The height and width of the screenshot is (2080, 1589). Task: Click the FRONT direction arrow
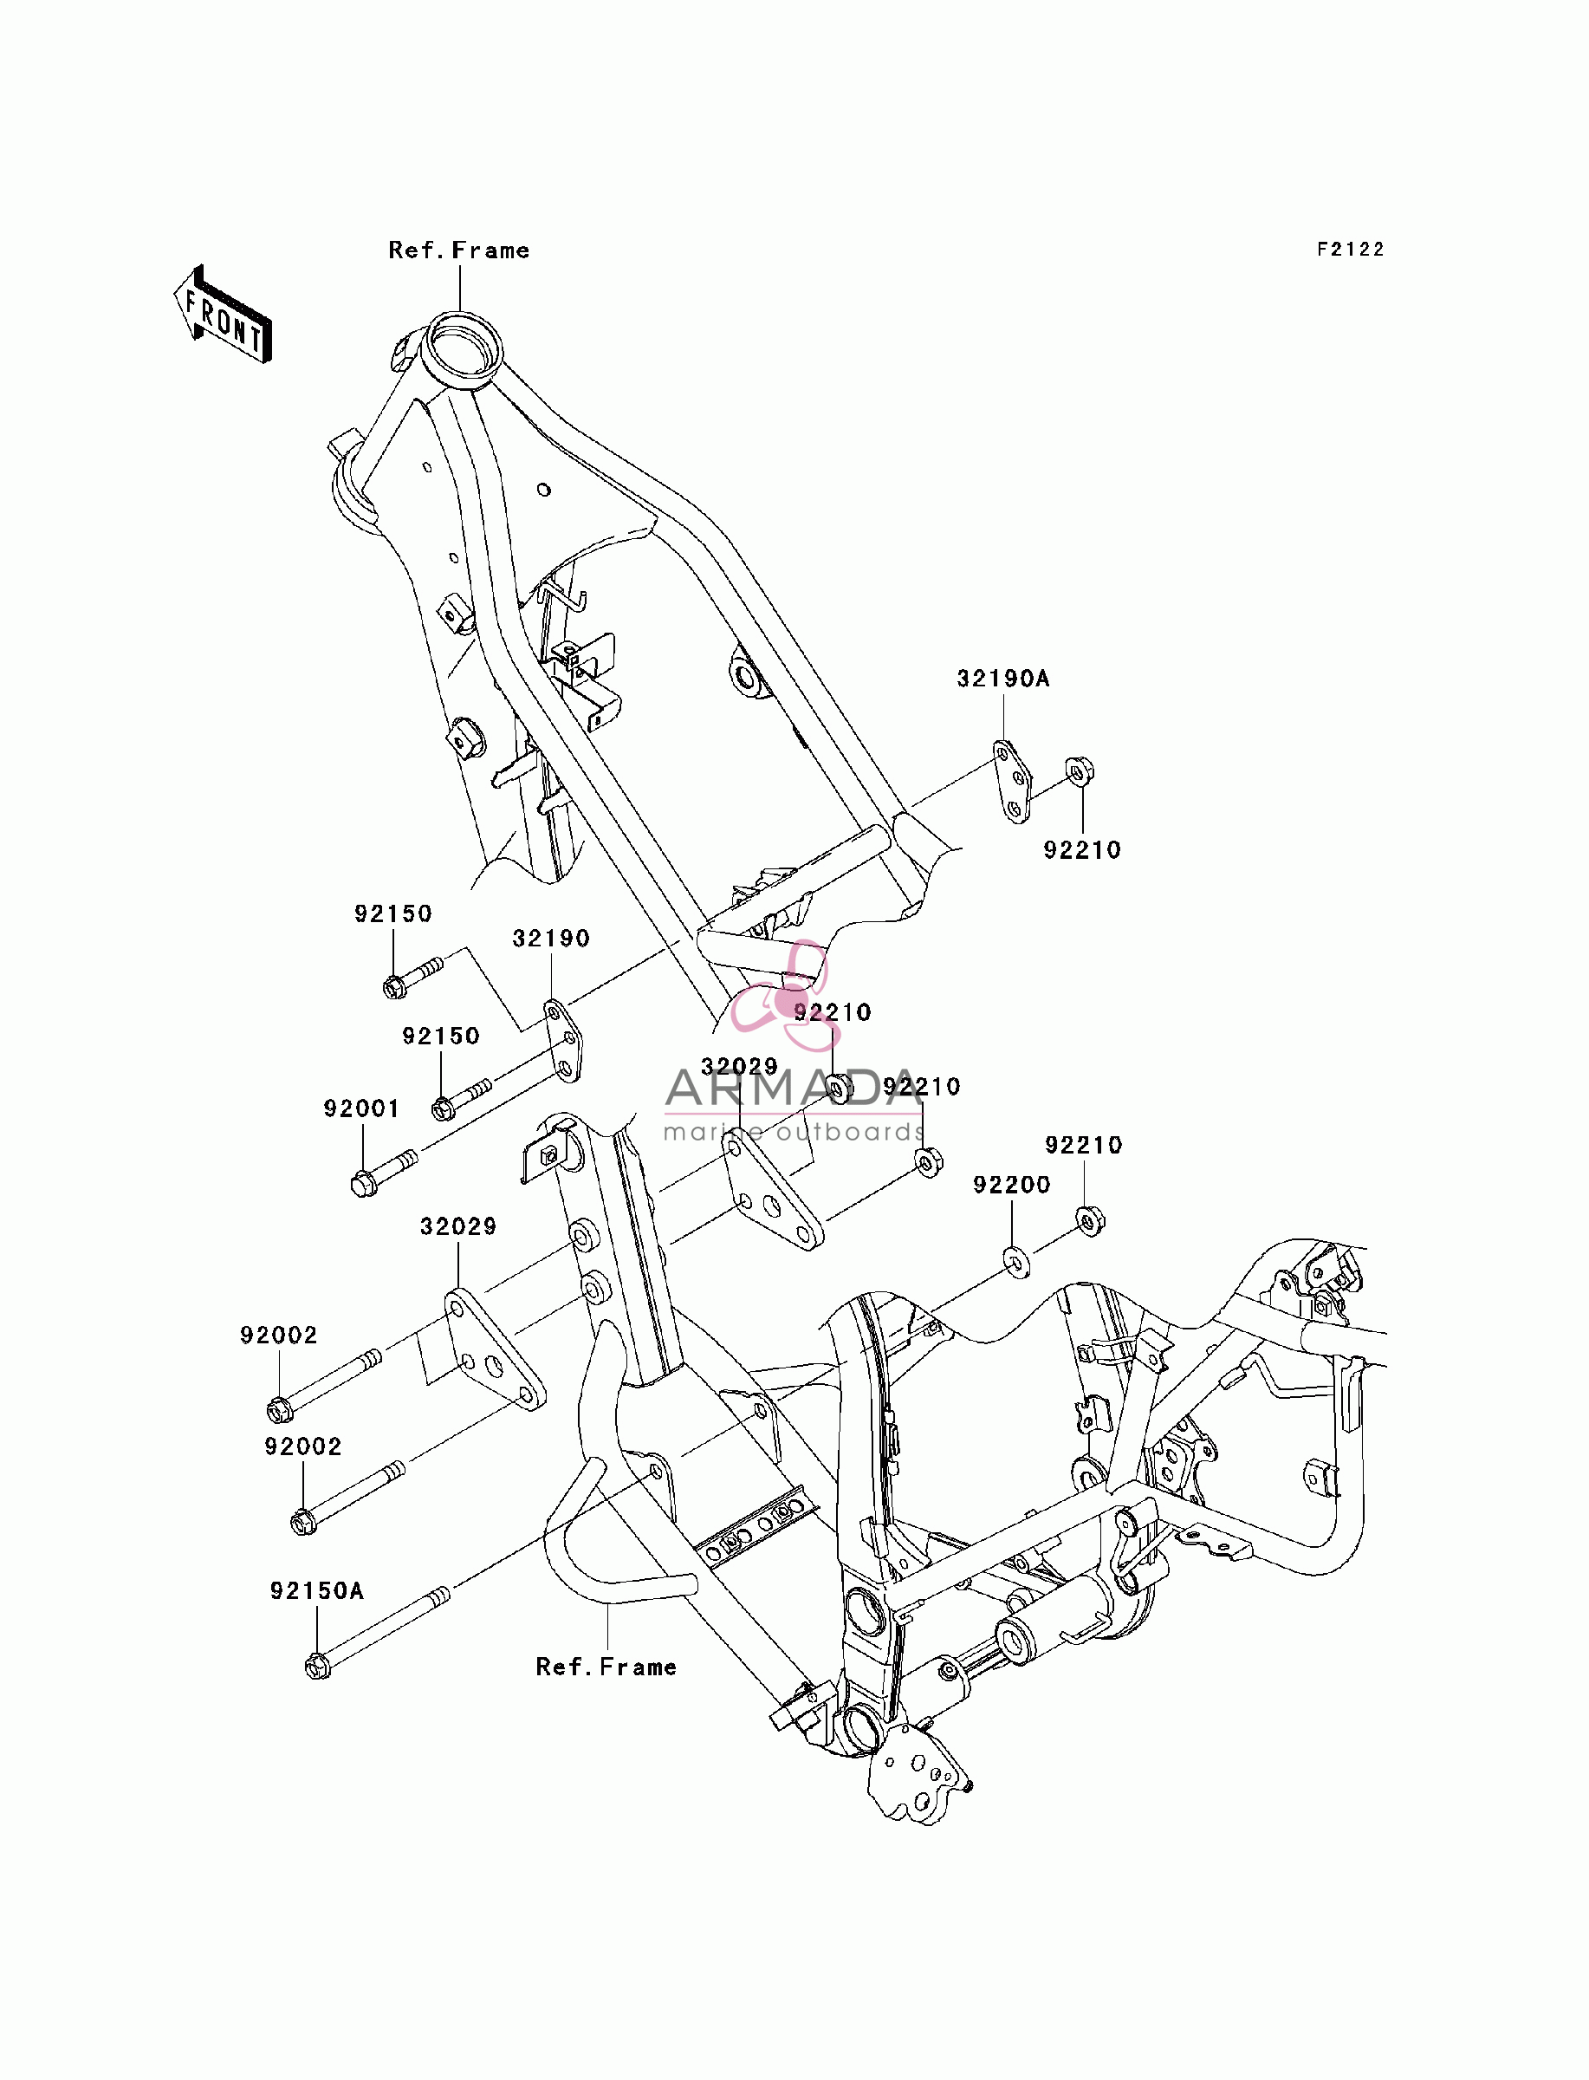pos(224,314)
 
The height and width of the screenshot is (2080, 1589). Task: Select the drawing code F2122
pos(1351,250)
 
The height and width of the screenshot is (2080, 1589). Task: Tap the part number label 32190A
pos(1003,679)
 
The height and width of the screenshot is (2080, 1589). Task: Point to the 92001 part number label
pos(361,1108)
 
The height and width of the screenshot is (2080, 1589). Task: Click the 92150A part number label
pos(317,1591)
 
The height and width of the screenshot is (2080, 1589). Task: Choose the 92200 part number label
pos(1012,1186)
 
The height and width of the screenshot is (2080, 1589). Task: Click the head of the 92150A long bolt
pos(318,1666)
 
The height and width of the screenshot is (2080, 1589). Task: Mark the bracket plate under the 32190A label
pos(1011,783)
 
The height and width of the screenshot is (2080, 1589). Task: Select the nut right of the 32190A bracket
pos(1080,772)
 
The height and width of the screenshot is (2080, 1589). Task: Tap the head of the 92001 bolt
pos(363,1183)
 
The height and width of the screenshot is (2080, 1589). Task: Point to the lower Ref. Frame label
pos(606,1667)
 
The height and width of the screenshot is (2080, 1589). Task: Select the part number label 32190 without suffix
pos(551,939)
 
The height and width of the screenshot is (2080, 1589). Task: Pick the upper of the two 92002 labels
pos(279,1336)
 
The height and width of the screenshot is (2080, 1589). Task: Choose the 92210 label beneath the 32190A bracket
pos(1082,850)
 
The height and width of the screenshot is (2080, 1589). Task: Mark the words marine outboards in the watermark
pos(794,1132)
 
